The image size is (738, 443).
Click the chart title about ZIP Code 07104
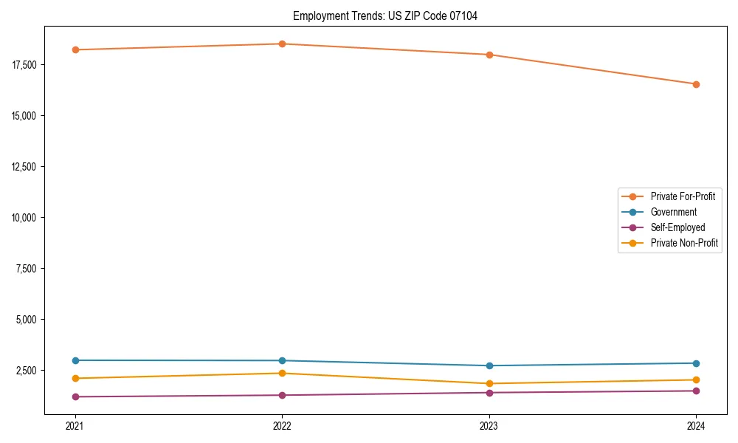click(x=384, y=16)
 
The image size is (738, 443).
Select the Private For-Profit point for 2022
click(x=282, y=44)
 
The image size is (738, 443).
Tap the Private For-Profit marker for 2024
click(x=696, y=84)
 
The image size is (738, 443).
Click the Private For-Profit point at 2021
click(x=75, y=49)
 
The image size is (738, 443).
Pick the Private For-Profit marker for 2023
click(x=489, y=55)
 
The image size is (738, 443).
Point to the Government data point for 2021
click(x=75, y=360)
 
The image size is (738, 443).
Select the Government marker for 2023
click(x=489, y=365)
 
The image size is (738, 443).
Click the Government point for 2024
click(x=696, y=363)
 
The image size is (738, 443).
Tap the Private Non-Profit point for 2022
click(x=282, y=373)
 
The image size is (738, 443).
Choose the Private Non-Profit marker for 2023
click(x=489, y=384)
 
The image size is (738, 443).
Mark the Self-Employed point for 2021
click(x=75, y=396)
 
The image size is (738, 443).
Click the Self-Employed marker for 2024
click(x=696, y=391)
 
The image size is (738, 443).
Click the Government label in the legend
click(x=673, y=212)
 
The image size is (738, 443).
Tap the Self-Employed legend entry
click(x=677, y=227)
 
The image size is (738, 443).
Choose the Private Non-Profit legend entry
click(x=684, y=243)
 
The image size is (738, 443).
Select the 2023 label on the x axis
click(x=489, y=425)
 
